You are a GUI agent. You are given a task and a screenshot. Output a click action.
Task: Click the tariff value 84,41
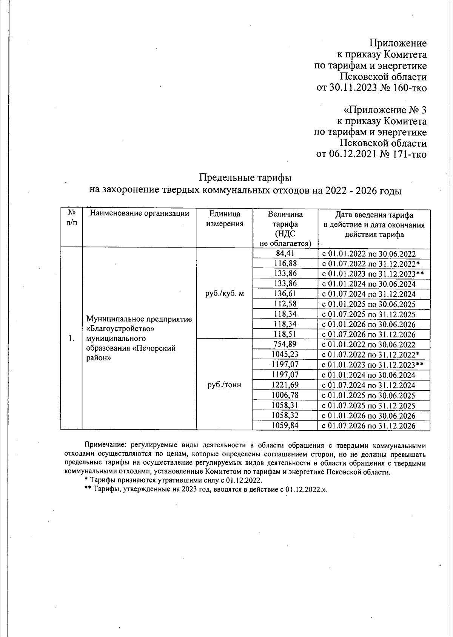[285, 254]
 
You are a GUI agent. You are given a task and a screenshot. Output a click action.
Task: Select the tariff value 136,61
[285, 294]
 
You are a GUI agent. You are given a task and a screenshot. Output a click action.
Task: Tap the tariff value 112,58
[285, 304]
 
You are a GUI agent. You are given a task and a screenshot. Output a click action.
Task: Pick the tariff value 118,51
[285, 334]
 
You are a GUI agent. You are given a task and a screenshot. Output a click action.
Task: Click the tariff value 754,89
[285, 344]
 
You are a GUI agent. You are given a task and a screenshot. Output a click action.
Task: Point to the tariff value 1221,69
[285, 385]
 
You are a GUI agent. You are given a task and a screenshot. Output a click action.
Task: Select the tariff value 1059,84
[285, 426]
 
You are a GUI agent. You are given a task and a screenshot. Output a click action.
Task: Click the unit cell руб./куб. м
[225, 294]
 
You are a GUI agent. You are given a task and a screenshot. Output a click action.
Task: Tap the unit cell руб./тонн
[224, 385]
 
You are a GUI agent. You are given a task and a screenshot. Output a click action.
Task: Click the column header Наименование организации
[139, 213]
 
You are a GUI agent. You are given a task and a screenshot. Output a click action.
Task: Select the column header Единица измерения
[225, 219]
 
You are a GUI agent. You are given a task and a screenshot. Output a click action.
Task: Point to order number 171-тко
[410, 154]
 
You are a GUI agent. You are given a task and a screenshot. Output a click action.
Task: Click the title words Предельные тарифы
[245, 177]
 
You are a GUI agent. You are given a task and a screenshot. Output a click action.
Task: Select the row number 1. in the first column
[71, 338]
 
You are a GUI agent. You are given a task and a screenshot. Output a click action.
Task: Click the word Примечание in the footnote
[104, 446]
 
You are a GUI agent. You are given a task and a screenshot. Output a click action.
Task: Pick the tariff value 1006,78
[285, 395]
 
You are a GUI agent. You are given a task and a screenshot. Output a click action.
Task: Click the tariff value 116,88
[285, 263]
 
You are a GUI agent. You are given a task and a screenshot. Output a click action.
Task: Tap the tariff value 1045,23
[285, 354]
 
